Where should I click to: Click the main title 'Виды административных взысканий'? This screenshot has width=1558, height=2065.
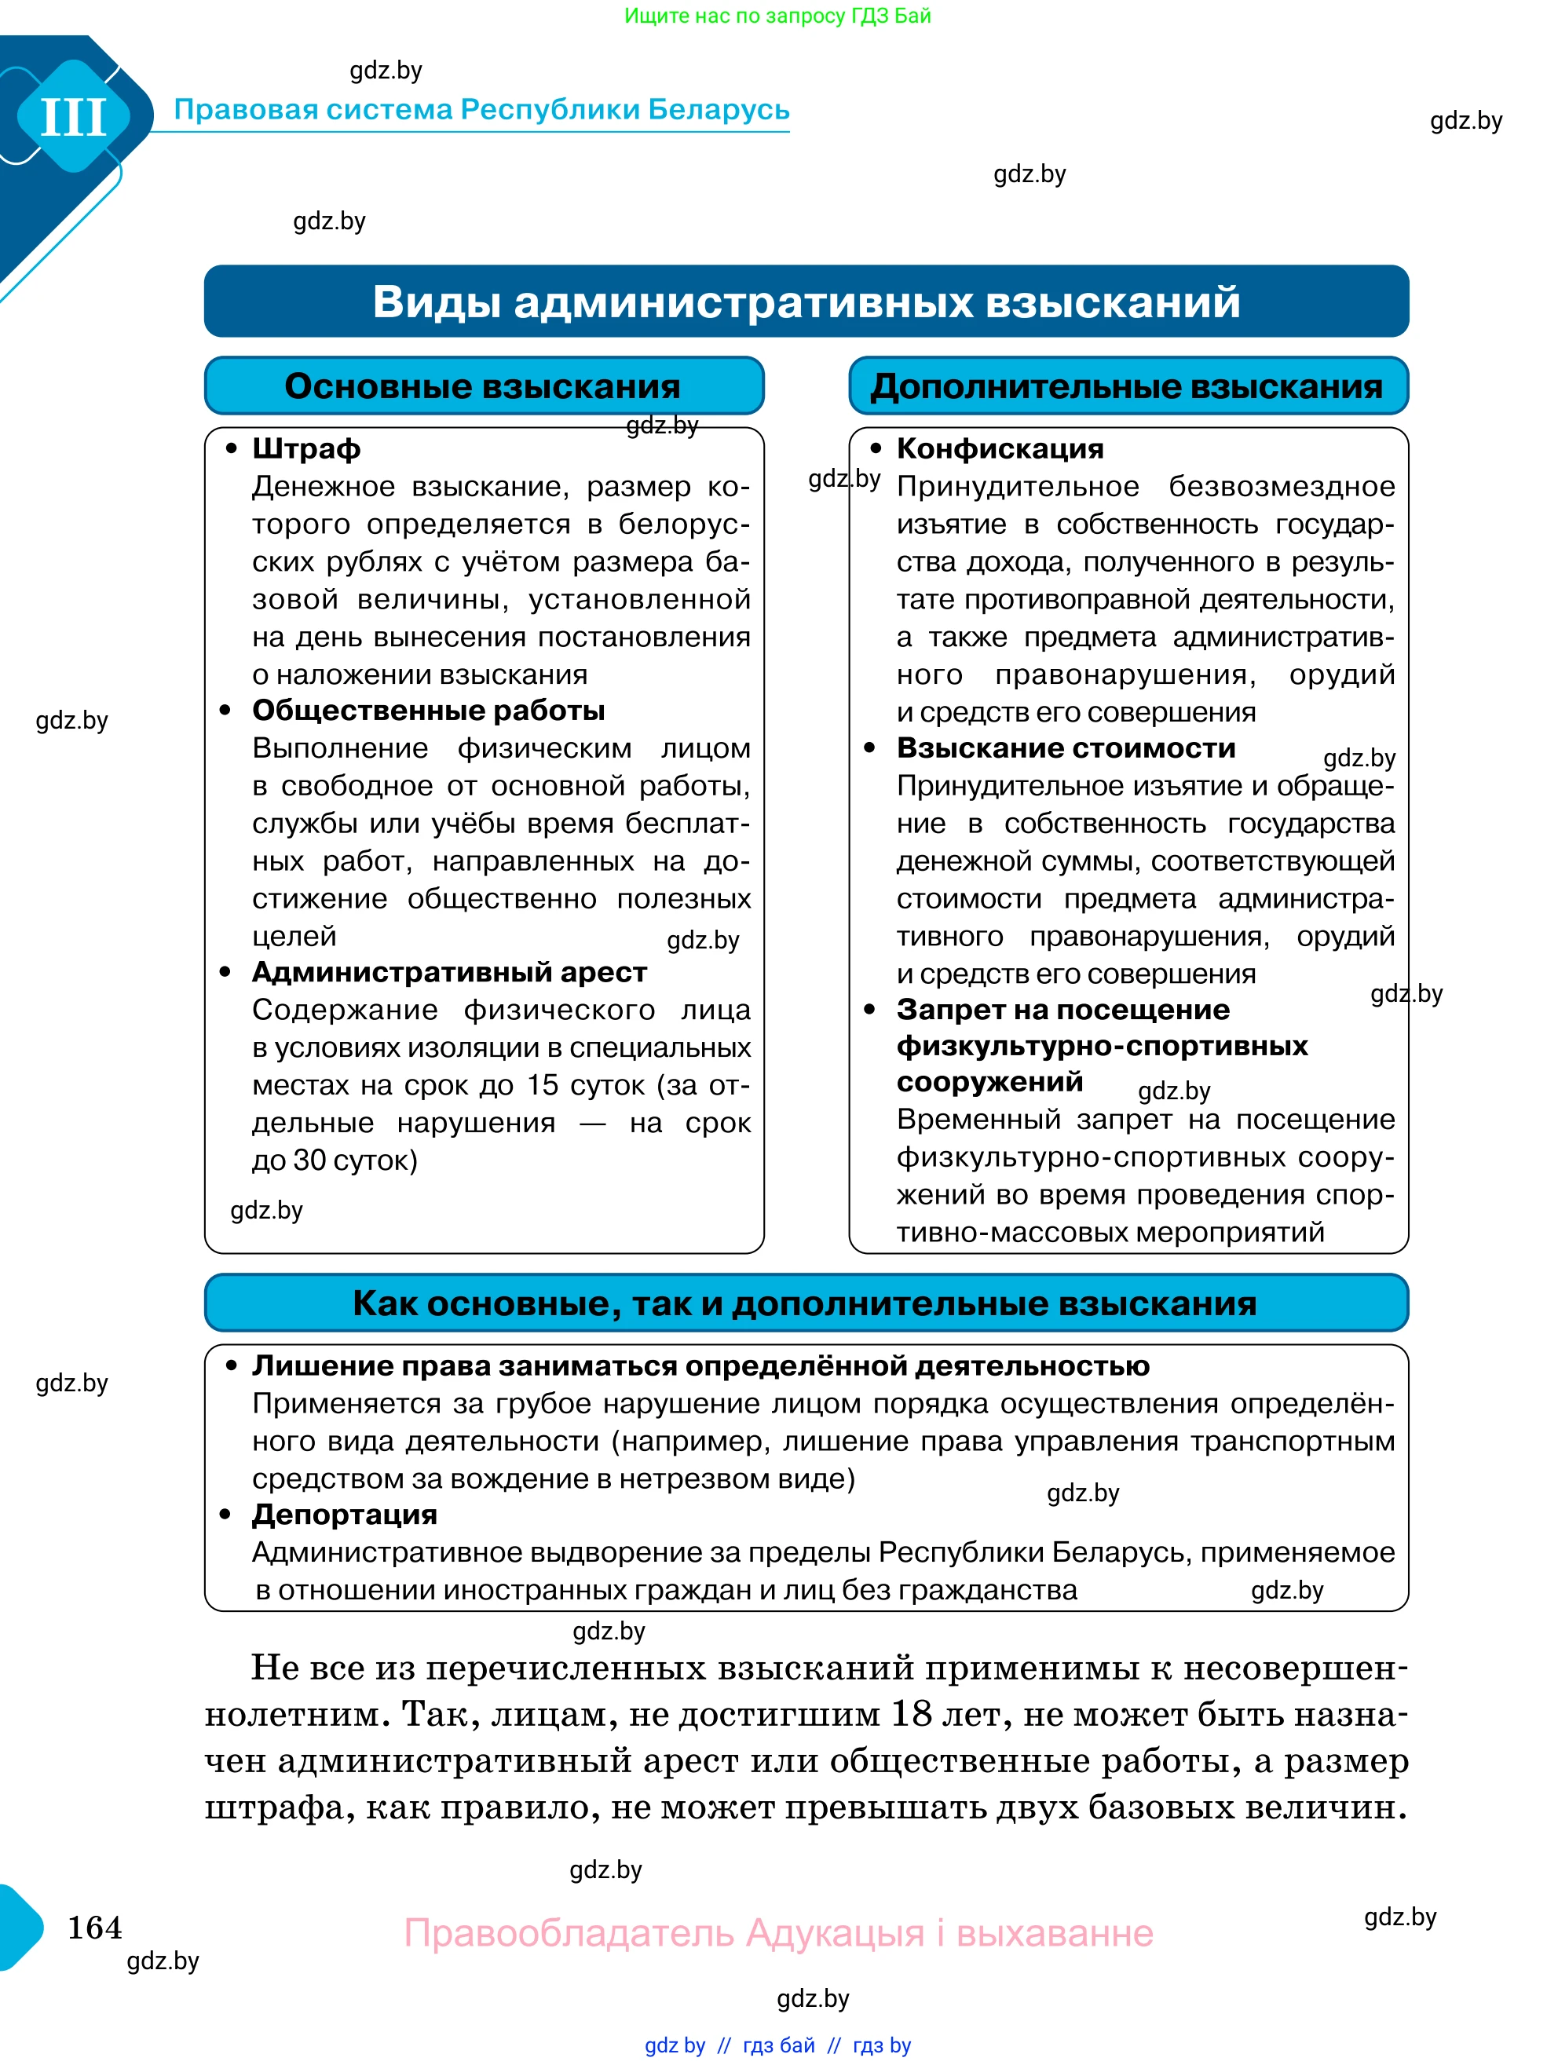point(806,302)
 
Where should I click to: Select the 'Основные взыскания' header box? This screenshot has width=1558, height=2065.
point(484,386)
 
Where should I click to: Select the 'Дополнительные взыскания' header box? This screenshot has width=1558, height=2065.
point(1128,386)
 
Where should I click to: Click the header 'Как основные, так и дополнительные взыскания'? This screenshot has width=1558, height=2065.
point(805,1303)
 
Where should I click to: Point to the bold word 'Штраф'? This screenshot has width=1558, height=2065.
point(306,449)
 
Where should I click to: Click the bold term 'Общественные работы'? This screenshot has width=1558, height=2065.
point(429,711)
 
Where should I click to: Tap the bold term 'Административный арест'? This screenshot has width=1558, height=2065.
point(449,972)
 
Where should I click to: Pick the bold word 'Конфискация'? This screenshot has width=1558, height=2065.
point(1000,449)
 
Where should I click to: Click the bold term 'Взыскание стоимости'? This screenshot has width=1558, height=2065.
point(1065,747)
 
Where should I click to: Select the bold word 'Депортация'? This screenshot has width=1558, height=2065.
point(345,1515)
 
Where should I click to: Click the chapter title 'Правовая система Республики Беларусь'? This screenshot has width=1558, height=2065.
point(481,109)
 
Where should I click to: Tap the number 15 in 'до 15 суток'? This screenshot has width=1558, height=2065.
point(543,1085)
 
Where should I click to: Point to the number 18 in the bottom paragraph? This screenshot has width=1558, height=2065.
point(911,1714)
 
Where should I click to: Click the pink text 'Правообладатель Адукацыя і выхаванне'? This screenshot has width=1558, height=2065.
point(778,1932)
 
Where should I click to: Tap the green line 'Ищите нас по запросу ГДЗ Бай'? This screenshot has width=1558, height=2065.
point(777,16)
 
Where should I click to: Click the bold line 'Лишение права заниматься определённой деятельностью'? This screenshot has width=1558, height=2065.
point(700,1365)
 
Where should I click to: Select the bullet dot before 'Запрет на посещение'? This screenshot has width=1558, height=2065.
point(870,1009)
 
